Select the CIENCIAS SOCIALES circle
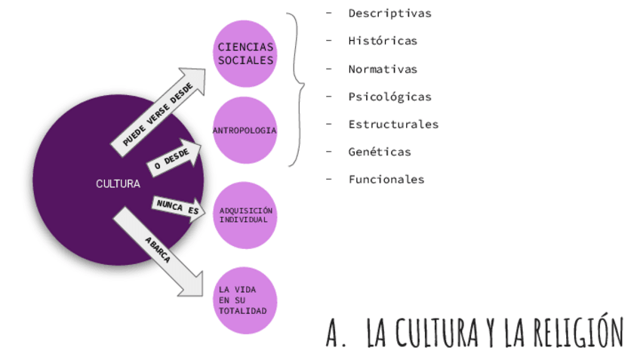pos(245,54)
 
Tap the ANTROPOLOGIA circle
pos(245,131)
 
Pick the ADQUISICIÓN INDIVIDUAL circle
pos(245,215)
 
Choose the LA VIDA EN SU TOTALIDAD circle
pos(245,300)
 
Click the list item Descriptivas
pos(389,13)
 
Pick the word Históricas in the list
pos(383,41)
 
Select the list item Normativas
pos(383,69)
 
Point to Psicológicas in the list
pos(389,97)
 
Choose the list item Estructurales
pos(393,124)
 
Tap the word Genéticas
pos(380,152)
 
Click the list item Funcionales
pos(386,180)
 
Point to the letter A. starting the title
pos(335,333)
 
